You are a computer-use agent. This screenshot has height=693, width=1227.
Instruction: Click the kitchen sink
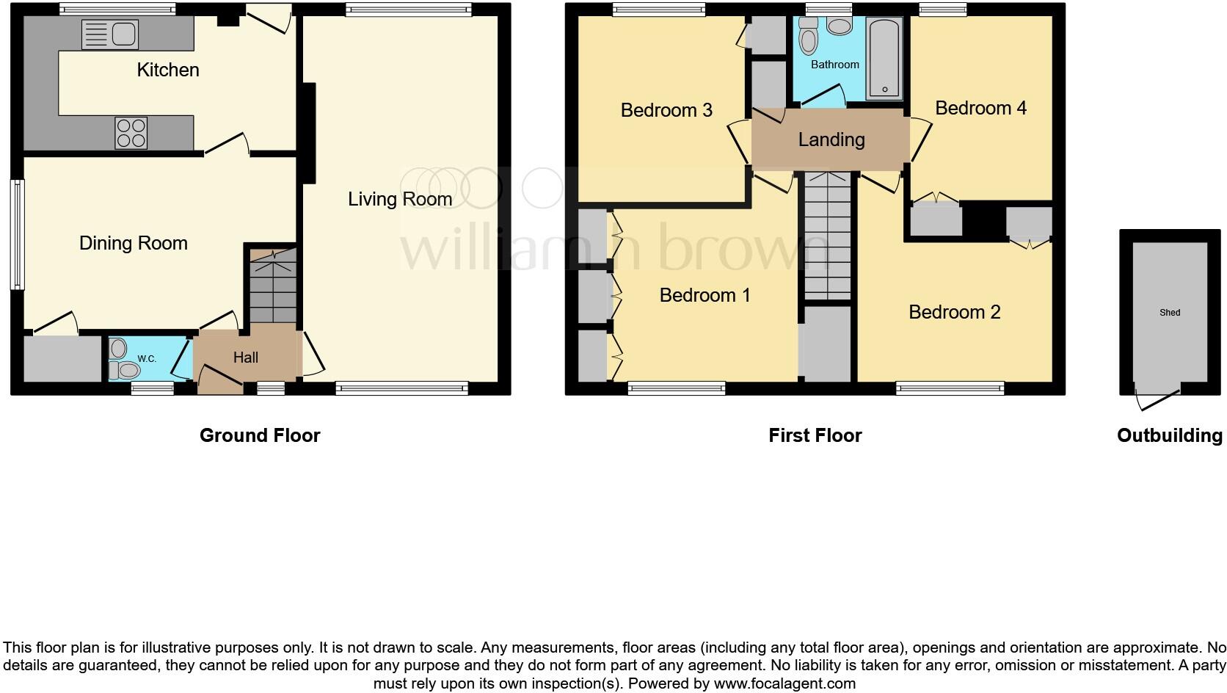click(x=110, y=35)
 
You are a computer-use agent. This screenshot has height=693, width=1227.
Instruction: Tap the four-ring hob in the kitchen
click(x=131, y=133)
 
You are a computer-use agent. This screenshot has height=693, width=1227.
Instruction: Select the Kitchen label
click(x=168, y=70)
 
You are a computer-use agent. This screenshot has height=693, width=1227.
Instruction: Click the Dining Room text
click(x=134, y=243)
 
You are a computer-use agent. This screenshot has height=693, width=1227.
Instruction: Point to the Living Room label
click(x=399, y=199)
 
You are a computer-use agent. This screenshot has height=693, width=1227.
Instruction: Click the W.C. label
click(x=147, y=359)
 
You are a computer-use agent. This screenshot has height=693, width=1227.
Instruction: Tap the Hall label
click(x=246, y=358)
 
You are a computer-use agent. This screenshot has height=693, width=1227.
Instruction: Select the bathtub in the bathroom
click(x=884, y=59)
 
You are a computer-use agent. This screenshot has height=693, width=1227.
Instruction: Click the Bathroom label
click(x=834, y=65)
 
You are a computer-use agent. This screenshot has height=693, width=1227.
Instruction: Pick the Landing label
click(x=831, y=139)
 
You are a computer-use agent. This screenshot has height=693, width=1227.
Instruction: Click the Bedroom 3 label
click(x=666, y=110)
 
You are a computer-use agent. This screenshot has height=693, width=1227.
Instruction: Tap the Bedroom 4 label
click(x=980, y=108)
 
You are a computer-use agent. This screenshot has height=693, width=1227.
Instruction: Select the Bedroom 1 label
click(x=704, y=295)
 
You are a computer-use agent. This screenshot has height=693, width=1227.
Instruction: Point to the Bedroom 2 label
click(x=954, y=312)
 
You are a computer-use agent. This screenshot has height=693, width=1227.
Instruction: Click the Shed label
click(x=1170, y=313)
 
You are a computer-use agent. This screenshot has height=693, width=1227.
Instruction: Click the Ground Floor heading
click(x=260, y=435)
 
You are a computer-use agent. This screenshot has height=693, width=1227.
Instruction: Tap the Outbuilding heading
click(x=1169, y=435)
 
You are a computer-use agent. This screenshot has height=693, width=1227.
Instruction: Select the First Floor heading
click(x=815, y=435)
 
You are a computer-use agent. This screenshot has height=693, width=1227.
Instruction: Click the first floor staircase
click(x=828, y=235)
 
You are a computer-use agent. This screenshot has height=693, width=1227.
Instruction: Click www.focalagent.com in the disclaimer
click(x=784, y=683)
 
